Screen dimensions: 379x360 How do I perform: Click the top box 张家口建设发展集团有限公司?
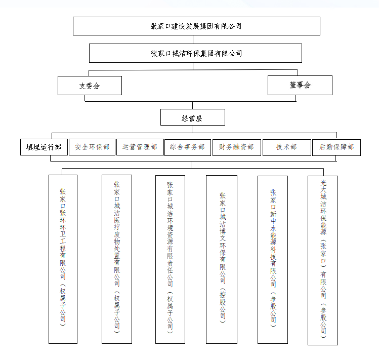coord(196,26)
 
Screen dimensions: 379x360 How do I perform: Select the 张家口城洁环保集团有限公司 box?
coord(195,53)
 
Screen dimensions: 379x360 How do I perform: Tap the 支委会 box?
coord(90,86)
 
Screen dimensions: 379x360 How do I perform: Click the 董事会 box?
coord(300,85)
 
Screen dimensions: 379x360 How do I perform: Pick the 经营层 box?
coord(193,117)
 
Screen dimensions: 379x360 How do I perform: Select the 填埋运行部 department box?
coord(44,147)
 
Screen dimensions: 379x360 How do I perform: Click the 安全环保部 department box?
coord(92,147)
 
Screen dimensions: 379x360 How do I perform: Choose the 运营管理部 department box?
coord(140,147)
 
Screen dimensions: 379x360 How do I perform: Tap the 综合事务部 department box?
coord(188,147)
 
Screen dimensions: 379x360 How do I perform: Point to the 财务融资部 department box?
coord(237,147)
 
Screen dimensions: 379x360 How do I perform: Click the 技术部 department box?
coord(287,147)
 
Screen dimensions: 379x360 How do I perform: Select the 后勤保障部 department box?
coord(336,147)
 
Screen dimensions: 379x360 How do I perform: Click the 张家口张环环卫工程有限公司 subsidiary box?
coord(63,259)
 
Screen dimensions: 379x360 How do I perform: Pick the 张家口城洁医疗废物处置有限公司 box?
coord(117,259)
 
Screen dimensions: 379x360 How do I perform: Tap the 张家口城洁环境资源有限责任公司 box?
coord(170,259)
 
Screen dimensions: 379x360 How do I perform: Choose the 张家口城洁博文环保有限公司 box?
coord(222,259)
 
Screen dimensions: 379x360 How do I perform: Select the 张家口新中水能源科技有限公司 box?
coord(273,260)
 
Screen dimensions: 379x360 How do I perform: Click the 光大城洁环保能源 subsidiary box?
coord(323,260)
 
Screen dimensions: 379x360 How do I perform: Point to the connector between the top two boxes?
coord(193,39)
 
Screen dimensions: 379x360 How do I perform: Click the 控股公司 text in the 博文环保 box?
coord(223,305)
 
